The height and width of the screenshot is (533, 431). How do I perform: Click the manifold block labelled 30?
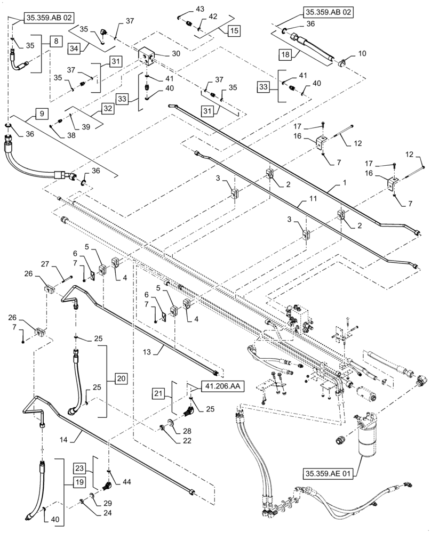tap(147, 55)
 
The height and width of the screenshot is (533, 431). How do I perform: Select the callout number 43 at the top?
tap(185, 9)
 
